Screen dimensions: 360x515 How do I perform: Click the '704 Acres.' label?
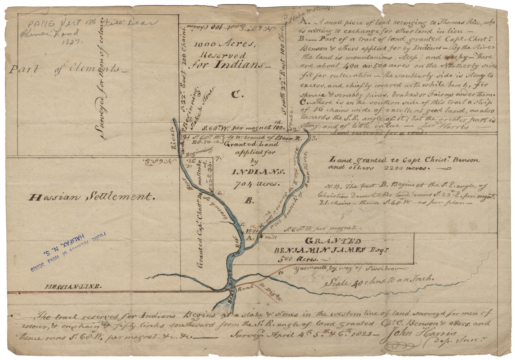(x=251, y=183)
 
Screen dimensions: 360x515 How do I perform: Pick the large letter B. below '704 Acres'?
(x=248, y=201)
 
